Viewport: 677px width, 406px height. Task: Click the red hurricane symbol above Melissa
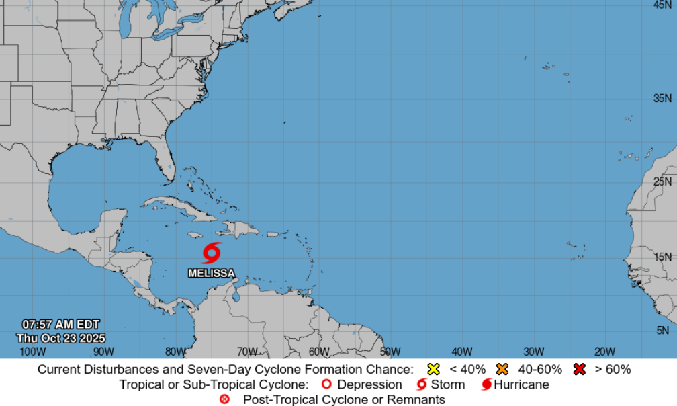pos(212,253)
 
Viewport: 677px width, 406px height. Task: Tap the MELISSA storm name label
pos(212,274)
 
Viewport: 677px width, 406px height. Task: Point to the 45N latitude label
pos(662,5)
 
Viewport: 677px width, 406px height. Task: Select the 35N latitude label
pos(662,99)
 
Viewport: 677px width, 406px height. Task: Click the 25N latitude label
pos(662,181)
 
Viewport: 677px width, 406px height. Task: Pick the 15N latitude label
pos(662,257)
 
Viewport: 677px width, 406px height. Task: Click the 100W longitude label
pos(32,352)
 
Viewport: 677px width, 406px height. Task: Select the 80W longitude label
pos(175,352)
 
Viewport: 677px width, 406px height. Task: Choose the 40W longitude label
pos(462,352)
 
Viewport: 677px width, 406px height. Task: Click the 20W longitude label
pos(605,352)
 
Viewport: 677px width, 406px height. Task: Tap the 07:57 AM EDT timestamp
pos(61,325)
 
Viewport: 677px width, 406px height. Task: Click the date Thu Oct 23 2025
pos(61,338)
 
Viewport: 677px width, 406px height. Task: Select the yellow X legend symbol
pos(434,369)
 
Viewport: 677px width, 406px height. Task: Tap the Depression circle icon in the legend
pos(327,385)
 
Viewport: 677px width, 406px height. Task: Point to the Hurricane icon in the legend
pos(487,385)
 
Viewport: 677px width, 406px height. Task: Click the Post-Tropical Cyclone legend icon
pos(225,400)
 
